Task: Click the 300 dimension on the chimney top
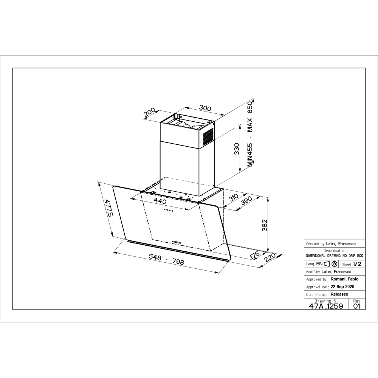205,108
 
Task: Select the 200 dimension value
150,113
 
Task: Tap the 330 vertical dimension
237,149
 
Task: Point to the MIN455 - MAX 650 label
250,134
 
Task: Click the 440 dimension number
160,200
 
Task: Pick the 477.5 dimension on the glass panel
108,208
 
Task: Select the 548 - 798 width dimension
167,259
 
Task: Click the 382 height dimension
265,225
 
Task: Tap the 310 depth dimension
233,197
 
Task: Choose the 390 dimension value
246,201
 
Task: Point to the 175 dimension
254,255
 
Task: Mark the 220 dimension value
270,258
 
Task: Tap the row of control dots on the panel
168,210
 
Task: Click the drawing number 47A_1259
326,306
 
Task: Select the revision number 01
356,306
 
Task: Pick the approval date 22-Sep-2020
342,287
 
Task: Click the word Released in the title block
339,294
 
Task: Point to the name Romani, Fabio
344,279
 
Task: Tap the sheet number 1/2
357,264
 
